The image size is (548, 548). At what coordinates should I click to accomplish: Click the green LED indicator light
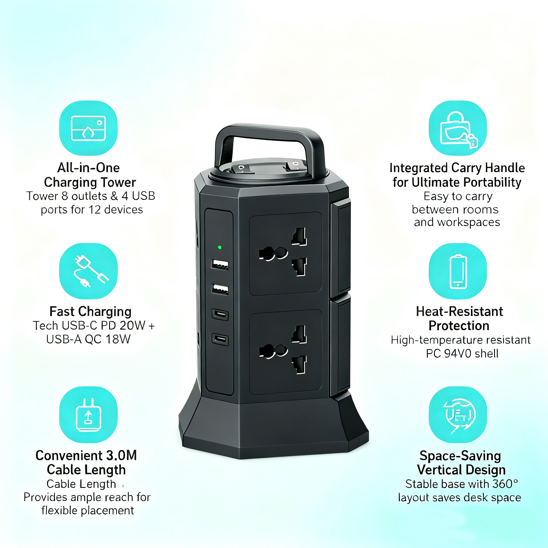pyautogui.click(x=219, y=247)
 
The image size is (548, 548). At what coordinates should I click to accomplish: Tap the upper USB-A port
pyautogui.click(x=220, y=264)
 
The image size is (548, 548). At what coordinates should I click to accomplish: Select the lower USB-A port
pyautogui.click(x=220, y=289)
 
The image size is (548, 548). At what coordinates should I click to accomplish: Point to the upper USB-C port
pyautogui.click(x=220, y=314)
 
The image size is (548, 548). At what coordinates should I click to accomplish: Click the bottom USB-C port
pyautogui.click(x=220, y=339)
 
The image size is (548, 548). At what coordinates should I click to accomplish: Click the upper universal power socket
pyautogui.click(x=285, y=254)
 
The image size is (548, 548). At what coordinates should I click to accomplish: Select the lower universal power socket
pyautogui.click(x=285, y=352)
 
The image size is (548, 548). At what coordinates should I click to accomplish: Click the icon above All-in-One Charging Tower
pyautogui.click(x=88, y=128)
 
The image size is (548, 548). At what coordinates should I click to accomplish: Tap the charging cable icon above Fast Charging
pyautogui.click(x=88, y=271)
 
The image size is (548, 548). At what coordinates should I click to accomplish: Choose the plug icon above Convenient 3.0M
pyautogui.click(x=88, y=414)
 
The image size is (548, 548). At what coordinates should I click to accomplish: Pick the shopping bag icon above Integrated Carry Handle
pyautogui.click(x=458, y=128)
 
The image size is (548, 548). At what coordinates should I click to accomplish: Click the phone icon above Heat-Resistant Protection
pyautogui.click(x=458, y=271)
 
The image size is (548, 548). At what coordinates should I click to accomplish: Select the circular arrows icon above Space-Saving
pyautogui.click(x=458, y=414)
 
